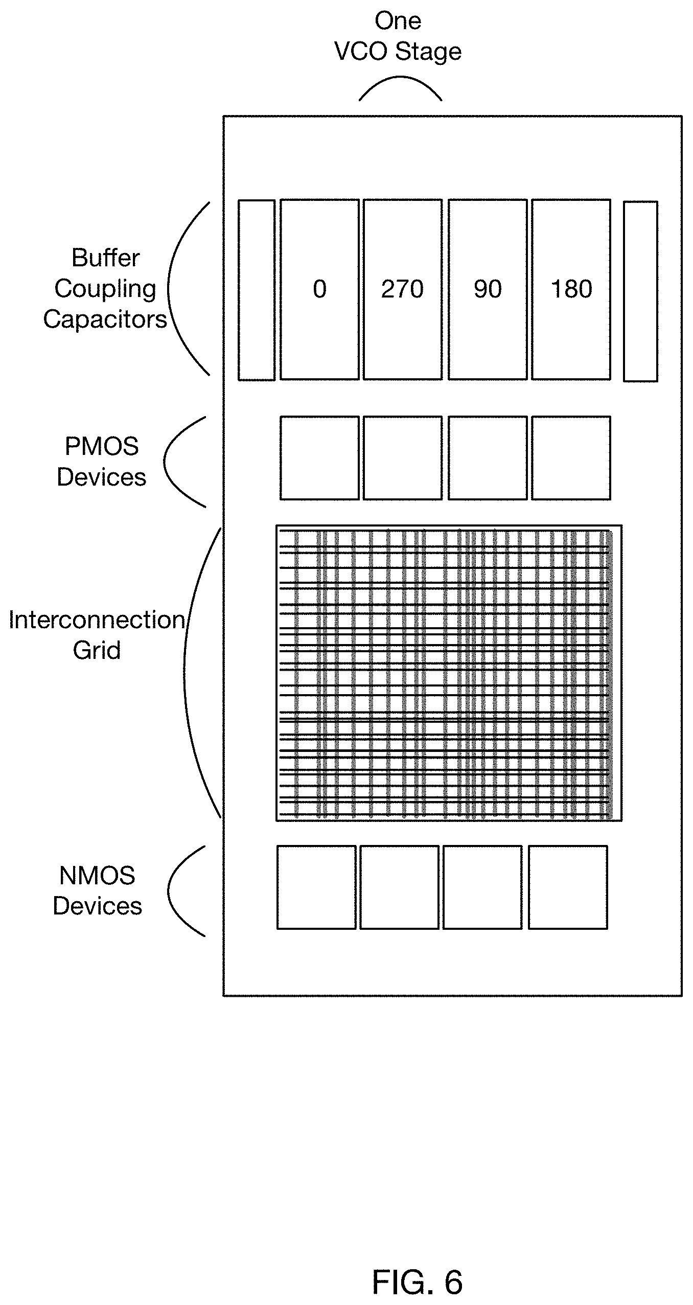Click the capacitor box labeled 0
(x=319, y=289)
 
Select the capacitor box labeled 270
(x=403, y=289)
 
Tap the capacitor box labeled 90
(x=488, y=289)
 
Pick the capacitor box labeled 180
(x=571, y=289)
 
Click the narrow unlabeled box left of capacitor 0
(x=257, y=290)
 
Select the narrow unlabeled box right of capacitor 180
(x=640, y=291)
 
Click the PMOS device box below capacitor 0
(x=319, y=457)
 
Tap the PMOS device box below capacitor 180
(x=571, y=457)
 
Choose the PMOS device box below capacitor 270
(x=403, y=457)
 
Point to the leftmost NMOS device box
(x=316, y=887)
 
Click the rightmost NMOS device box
(x=568, y=887)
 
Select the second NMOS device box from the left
(x=399, y=887)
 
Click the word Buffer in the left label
(x=105, y=258)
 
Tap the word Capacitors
(x=105, y=320)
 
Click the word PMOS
(x=102, y=446)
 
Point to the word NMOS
(x=97, y=876)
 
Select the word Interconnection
(x=97, y=620)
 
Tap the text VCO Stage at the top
(x=398, y=52)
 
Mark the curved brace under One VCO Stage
(x=400, y=77)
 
